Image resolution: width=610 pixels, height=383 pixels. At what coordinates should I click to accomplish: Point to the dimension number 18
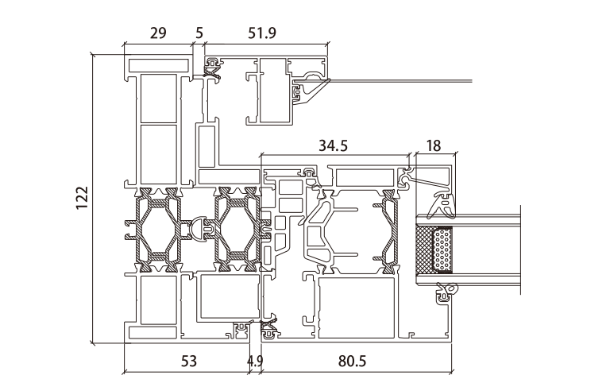tap(434, 145)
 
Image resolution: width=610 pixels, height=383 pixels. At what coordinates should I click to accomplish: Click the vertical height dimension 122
tap(82, 199)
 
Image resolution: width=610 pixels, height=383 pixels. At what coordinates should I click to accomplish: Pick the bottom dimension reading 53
tap(188, 362)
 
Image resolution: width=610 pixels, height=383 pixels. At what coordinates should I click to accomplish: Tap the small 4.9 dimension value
tap(254, 362)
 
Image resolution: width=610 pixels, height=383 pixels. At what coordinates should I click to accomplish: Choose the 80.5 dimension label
tap(352, 362)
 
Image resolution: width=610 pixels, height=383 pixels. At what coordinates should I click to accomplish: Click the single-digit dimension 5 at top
tap(199, 33)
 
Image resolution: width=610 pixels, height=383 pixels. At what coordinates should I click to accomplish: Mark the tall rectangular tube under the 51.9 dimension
tap(271, 91)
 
